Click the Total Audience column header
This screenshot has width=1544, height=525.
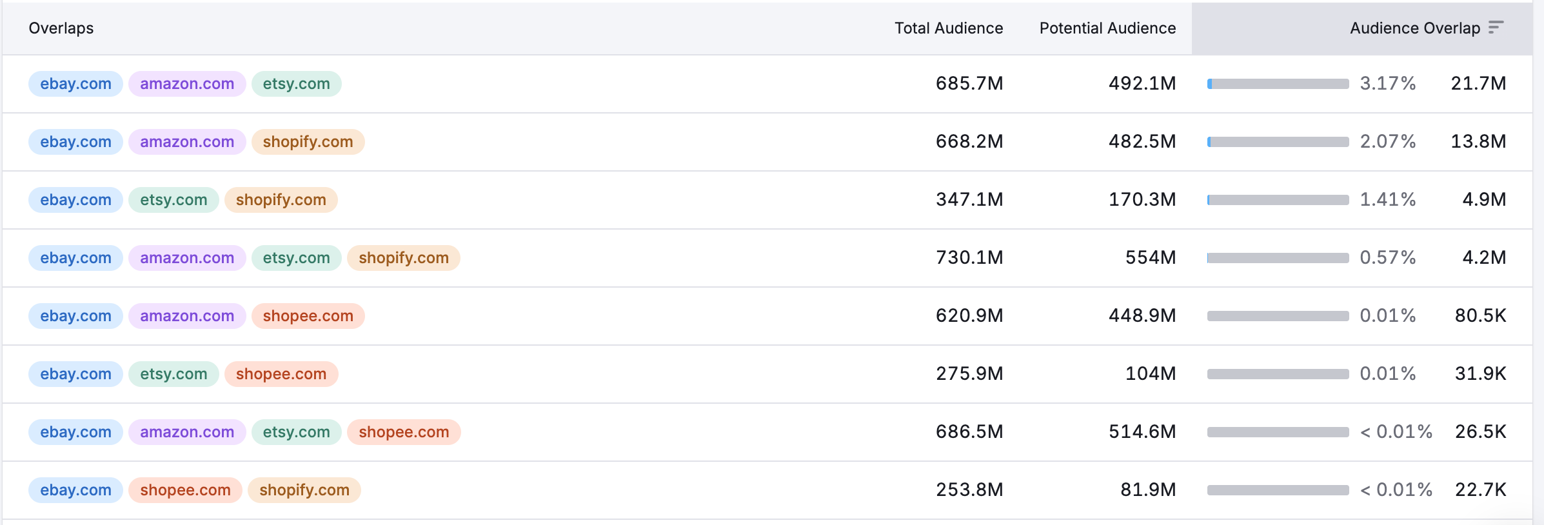coord(948,28)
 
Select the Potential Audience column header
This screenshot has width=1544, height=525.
coord(1107,28)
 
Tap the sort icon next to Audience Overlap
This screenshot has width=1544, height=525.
coord(1496,27)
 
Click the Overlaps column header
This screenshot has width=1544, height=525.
coord(61,28)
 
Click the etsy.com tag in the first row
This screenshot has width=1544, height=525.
coord(296,84)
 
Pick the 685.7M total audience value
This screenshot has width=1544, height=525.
coord(969,83)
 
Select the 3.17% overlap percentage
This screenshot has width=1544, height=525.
coord(1387,83)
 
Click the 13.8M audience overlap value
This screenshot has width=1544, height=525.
coord(1478,141)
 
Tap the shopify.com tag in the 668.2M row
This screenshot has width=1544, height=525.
coord(308,142)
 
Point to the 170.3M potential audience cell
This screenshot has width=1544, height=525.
coord(1142,199)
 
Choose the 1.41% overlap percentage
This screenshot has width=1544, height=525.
coord(1387,199)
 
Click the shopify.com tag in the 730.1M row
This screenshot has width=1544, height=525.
coord(403,258)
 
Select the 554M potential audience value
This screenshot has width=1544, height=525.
coord(1150,257)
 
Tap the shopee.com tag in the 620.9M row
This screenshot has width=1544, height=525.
coord(308,316)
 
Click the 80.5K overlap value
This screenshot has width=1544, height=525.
coord(1480,315)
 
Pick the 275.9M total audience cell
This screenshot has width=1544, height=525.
coord(969,373)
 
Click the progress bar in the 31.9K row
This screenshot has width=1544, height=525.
coord(1278,374)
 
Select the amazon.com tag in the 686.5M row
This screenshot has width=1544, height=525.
coord(187,432)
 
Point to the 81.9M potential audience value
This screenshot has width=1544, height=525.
coord(1147,490)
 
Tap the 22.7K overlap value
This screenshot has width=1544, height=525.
coord(1480,490)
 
